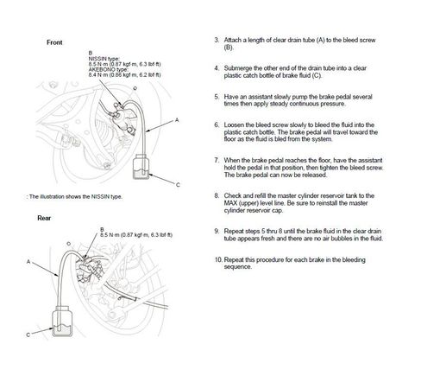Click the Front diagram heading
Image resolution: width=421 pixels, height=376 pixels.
[54, 42]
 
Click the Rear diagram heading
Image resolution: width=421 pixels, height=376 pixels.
[44, 218]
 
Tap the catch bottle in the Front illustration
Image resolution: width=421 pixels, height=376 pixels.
[141, 167]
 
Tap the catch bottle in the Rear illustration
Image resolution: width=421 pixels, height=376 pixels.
[62, 321]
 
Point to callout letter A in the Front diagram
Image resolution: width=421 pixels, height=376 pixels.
[177, 120]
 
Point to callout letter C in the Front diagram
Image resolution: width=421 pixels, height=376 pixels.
[178, 185]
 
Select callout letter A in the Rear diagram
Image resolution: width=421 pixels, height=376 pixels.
[28, 262]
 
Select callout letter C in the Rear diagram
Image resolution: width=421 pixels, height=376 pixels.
[28, 335]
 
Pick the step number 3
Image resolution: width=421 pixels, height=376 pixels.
[217, 40]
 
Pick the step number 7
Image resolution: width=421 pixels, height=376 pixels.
[217, 160]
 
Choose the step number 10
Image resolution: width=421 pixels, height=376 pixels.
[218, 259]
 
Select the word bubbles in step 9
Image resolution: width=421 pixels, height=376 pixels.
[348, 239]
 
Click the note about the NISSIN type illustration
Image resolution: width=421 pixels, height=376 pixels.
[74, 197]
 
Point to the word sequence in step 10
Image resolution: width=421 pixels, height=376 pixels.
[237, 267]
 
